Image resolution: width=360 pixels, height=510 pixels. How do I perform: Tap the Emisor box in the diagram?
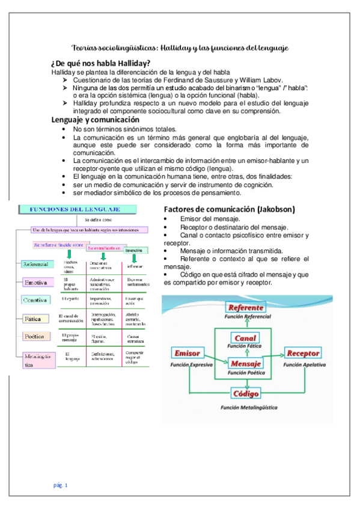coord(188,353)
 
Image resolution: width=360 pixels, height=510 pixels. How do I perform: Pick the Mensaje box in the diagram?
coord(246,364)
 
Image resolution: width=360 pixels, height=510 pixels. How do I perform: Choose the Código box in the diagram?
coord(246,394)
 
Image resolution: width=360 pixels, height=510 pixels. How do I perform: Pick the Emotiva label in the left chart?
coord(37,282)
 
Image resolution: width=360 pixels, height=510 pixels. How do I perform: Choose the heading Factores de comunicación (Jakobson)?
coord(228,209)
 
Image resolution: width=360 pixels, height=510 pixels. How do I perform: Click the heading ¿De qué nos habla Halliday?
coord(100,64)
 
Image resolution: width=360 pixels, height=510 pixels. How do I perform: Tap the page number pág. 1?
coord(61,484)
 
